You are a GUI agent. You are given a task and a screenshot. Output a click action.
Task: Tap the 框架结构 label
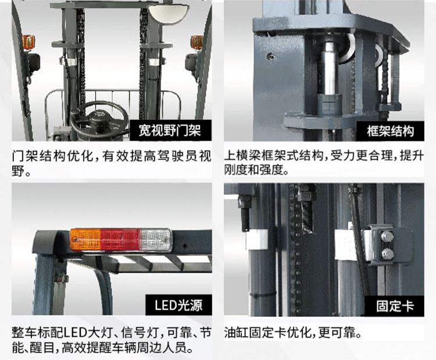click(x=391, y=130)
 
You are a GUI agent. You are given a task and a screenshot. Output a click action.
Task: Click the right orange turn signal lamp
click(x=197, y=42)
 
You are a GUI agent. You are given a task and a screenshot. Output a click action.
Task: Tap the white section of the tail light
click(x=156, y=239)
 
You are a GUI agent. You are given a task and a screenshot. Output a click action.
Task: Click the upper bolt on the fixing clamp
click(x=386, y=236)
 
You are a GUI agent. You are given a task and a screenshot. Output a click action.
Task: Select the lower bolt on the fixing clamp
click(x=386, y=253)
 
